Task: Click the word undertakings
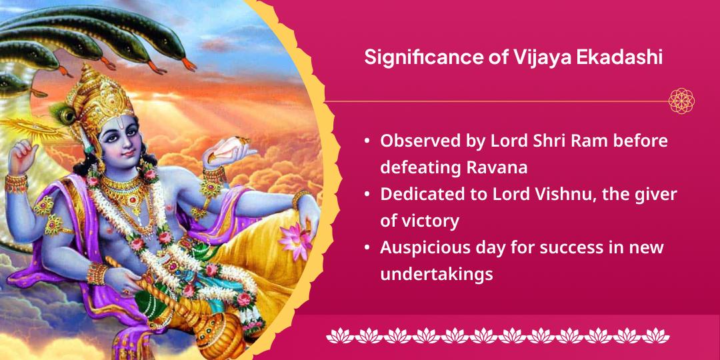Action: point(436,273)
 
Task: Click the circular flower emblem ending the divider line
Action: point(682,101)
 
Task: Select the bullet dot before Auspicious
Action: point(367,247)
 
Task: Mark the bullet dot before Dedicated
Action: point(367,194)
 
